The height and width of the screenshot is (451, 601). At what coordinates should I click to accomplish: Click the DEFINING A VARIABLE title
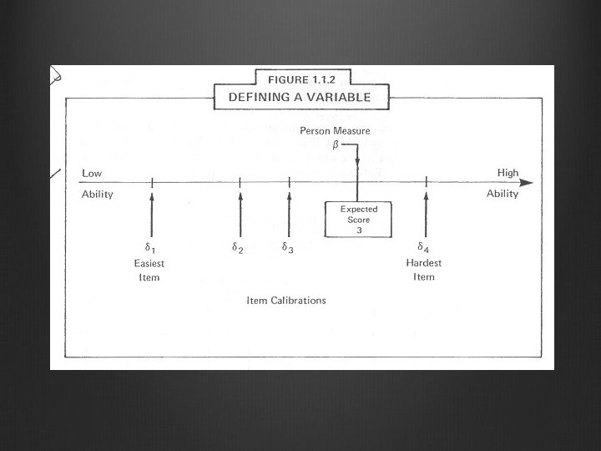(x=299, y=97)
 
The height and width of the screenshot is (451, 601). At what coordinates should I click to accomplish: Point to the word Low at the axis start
(x=92, y=173)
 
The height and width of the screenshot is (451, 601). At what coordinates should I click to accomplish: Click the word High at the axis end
(x=508, y=173)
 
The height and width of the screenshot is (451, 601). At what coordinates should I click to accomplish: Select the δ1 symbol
(x=150, y=247)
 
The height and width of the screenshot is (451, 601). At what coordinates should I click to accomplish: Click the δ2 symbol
(x=238, y=247)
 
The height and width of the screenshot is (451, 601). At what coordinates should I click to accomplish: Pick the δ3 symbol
(x=287, y=247)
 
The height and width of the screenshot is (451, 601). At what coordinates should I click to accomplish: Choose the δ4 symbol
(x=424, y=247)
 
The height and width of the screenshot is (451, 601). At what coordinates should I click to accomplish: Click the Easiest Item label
(x=149, y=270)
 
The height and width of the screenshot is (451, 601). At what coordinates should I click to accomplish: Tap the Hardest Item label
(x=424, y=270)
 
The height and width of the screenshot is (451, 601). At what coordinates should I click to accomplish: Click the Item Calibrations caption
(x=286, y=300)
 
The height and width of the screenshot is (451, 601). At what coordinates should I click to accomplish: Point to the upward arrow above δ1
(x=152, y=213)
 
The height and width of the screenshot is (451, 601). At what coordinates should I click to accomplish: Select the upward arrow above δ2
(x=240, y=213)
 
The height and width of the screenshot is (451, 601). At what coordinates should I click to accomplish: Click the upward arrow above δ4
(x=426, y=213)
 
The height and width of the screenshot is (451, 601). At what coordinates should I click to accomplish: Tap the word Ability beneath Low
(x=97, y=194)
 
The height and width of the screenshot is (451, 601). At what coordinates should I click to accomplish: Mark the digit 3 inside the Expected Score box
(x=358, y=230)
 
